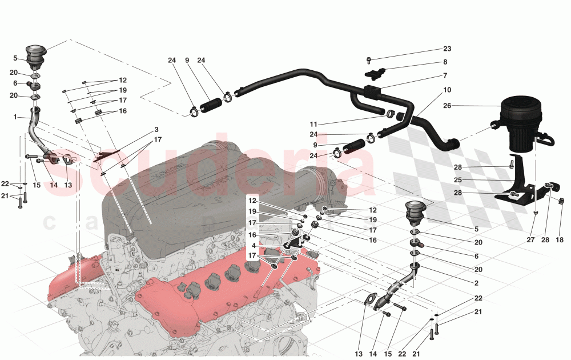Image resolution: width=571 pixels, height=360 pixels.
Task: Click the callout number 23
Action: (x=447, y=49)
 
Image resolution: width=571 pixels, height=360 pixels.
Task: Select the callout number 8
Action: (x=445, y=62)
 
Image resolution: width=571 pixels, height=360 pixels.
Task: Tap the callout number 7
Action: (x=445, y=75)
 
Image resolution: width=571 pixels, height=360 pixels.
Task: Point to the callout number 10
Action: (x=447, y=90)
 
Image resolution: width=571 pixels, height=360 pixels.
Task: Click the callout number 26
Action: (x=447, y=106)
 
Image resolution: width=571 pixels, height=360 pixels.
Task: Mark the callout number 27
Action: (x=530, y=241)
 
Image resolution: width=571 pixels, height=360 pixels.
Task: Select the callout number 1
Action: (x=15, y=117)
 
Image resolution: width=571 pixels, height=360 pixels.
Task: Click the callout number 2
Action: (x=476, y=282)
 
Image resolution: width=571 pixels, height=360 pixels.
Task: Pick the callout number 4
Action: (x=253, y=246)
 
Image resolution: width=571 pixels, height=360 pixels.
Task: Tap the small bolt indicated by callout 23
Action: (x=369, y=59)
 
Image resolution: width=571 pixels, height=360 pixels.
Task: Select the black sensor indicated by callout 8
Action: (x=375, y=73)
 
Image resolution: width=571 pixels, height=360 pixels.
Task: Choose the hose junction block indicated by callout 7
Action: (x=372, y=90)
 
